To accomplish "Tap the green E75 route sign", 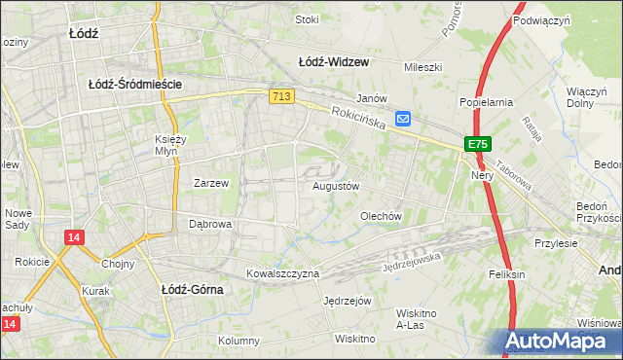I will (476, 144).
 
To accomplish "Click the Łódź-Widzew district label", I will (333, 62).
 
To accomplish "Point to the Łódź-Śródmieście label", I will (135, 85).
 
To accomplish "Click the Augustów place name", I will (337, 185).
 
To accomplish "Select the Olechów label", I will (382, 216).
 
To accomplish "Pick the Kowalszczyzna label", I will (282, 273).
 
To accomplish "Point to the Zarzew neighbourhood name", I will (210, 182).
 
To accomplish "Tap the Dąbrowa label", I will (209, 223).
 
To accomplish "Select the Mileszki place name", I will (423, 67).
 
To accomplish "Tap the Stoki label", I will (307, 18).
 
